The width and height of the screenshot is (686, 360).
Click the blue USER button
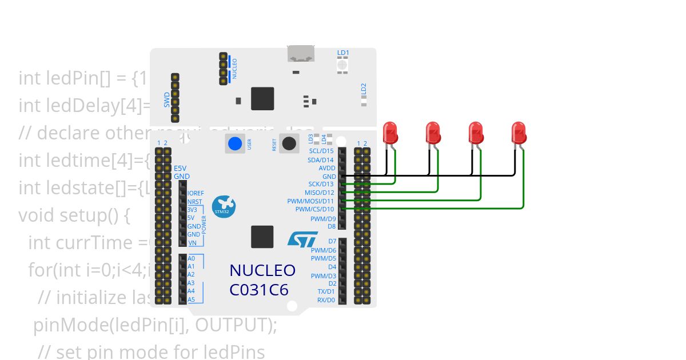coord(234,143)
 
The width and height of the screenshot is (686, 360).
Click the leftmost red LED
coord(390,133)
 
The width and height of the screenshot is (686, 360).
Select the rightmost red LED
coord(519,133)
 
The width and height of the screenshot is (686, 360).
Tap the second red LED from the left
coord(433,133)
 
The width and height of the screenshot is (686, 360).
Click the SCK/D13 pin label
coord(321,185)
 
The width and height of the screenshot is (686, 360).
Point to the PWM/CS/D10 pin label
coord(315,210)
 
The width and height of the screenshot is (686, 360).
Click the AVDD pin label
coord(327,169)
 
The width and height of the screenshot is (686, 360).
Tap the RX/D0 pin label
coord(326,300)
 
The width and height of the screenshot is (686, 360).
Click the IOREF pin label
coord(196,194)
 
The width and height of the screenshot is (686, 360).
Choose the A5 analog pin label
coord(191,299)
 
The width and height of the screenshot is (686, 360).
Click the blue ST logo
coord(302,239)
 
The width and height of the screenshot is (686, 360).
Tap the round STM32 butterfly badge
coord(223,206)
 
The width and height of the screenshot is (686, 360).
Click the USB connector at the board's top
coord(301,54)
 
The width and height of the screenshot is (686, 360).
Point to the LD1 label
coord(343,53)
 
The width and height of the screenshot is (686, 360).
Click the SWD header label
coord(166,99)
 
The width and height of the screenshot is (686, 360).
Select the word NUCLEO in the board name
coord(262,270)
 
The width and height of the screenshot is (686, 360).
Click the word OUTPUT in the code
coord(236,325)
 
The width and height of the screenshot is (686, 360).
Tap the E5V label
coord(180,169)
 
